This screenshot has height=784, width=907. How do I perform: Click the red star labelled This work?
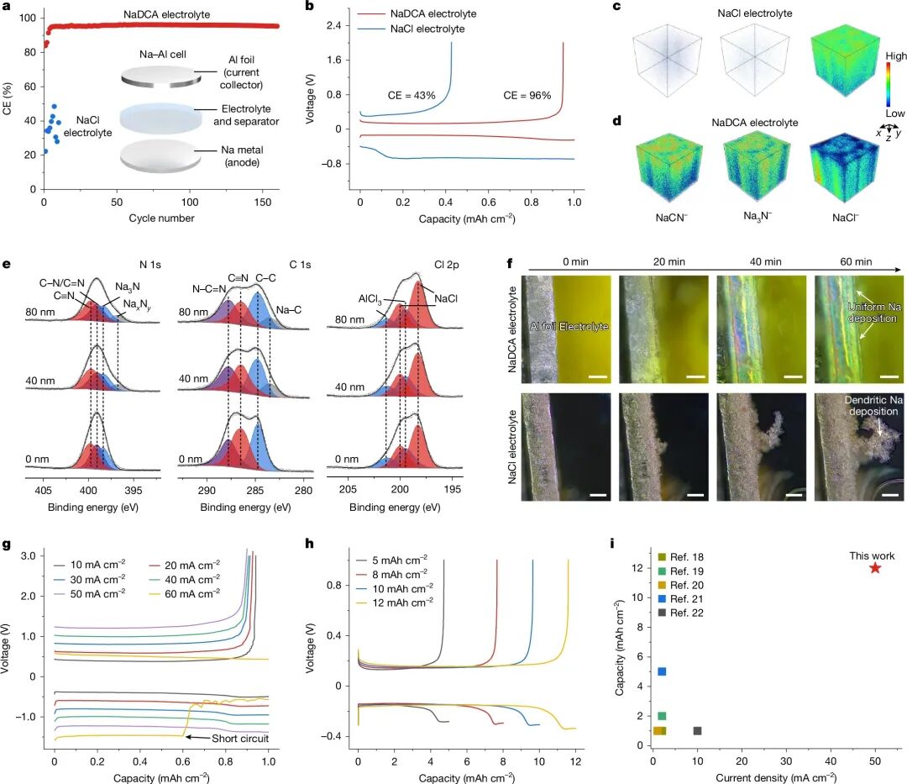[x=875, y=568]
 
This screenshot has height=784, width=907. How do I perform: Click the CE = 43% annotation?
[x=412, y=96]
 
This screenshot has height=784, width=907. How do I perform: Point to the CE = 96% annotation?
[x=527, y=96]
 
